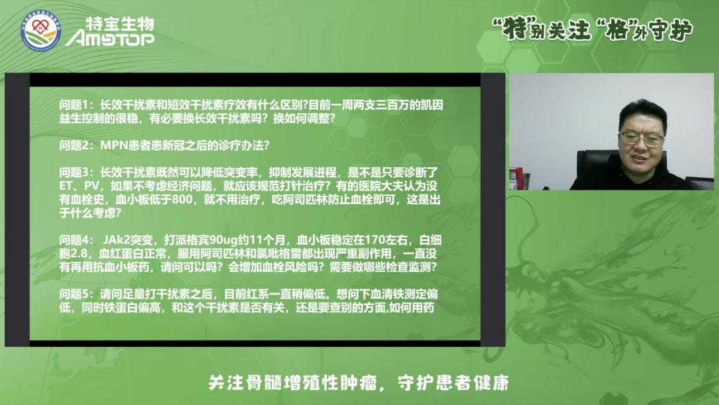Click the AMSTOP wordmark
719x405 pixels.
click(x=110, y=39)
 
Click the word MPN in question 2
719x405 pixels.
click(x=113, y=145)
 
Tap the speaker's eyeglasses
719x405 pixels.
click(x=640, y=139)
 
